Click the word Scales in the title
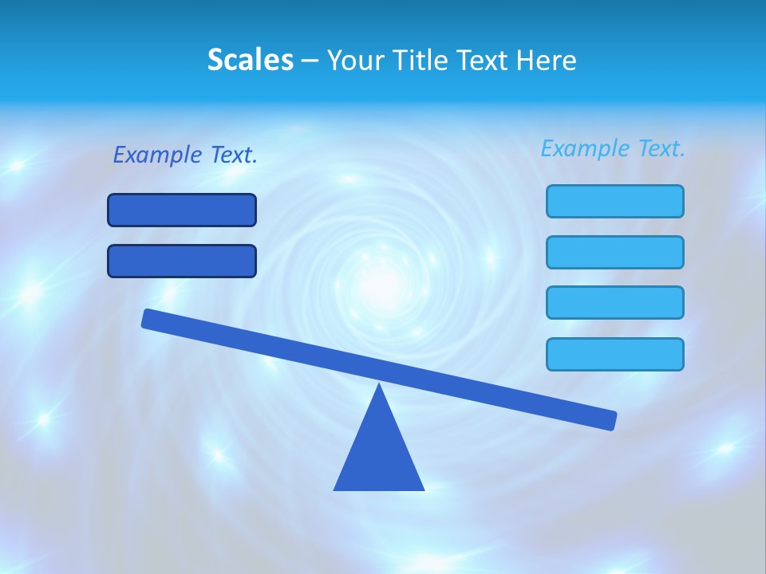point(250,60)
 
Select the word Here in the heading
point(547,60)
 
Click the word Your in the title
point(357,60)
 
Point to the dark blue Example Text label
point(185,155)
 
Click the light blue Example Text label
point(613,148)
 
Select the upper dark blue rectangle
point(182,210)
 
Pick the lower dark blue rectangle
point(182,261)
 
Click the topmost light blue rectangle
point(615,201)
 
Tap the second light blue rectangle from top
point(615,252)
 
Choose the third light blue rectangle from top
point(615,303)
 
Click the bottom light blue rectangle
point(615,354)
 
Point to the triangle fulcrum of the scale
point(379,450)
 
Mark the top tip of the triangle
point(379,386)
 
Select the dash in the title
point(310,61)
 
